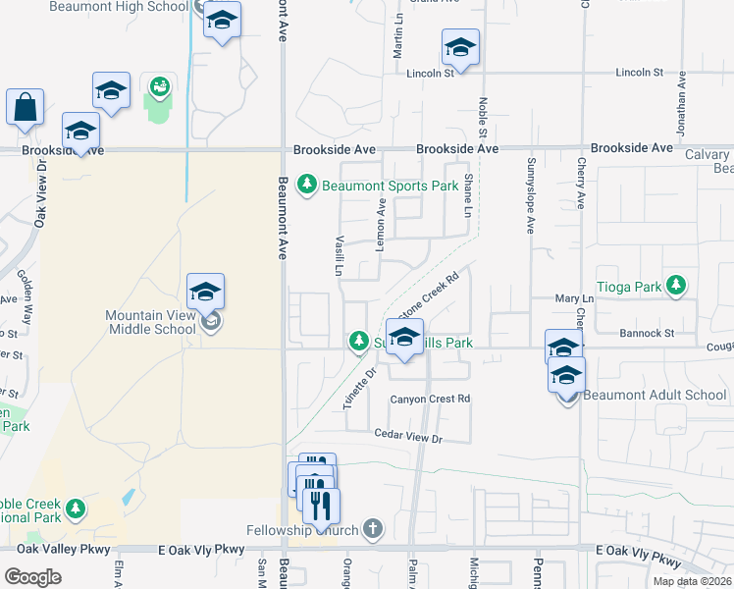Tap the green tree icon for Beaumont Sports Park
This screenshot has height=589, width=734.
point(307,185)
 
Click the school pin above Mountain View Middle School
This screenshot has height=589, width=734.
point(205,291)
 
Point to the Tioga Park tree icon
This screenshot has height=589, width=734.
point(675,285)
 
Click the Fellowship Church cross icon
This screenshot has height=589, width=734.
point(371,529)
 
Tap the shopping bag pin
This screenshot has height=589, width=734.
point(25,107)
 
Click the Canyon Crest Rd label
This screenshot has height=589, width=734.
point(431,399)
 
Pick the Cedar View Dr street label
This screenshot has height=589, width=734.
point(408,435)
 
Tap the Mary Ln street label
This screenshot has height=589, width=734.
point(575,298)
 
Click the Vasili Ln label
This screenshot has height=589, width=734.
point(339,253)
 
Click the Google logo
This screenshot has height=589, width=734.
point(33,576)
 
